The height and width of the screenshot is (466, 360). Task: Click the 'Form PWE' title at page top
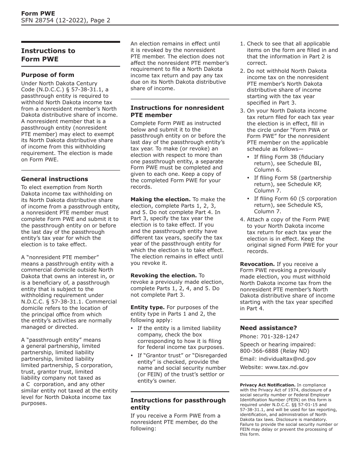click(38, 14)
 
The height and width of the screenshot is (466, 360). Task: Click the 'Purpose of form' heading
click(48, 75)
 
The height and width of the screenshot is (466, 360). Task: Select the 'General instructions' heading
click(55, 179)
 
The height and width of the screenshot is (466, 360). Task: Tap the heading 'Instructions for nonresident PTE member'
click(177, 111)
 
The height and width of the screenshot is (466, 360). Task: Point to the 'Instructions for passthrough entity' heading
click(178, 404)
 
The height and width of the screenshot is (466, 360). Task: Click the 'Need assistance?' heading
click(268, 328)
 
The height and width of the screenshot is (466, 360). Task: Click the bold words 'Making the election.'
click(161, 199)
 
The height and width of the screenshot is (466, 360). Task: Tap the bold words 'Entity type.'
click(147, 307)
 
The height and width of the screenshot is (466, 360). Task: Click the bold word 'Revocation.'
click(257, 264)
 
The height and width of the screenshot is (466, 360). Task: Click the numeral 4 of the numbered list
click(242, 219)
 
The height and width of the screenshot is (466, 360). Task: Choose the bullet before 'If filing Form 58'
click(249, 178)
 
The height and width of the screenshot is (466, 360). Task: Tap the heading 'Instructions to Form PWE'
click(48, 55)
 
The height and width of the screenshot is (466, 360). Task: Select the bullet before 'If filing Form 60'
click(249, 199)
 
